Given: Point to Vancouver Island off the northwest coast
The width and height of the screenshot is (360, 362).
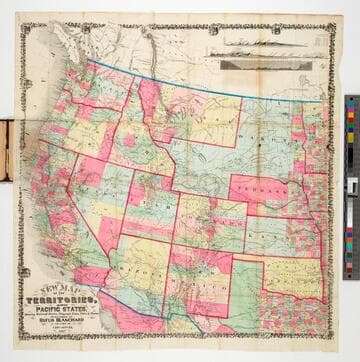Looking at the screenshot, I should click(x=62, y=48).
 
